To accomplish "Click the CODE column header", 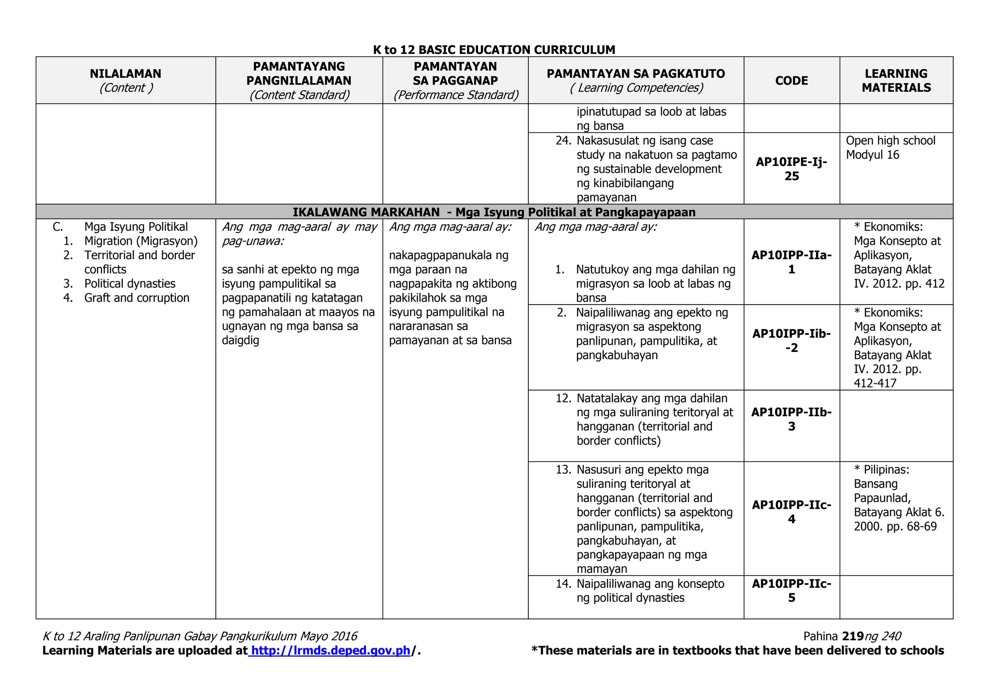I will (x=791, y=81).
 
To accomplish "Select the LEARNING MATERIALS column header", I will (x=896, y=81).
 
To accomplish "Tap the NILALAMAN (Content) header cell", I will (x=126, y=81).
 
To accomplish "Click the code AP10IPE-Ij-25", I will (x=791, y=169).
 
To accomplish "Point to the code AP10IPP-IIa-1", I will (x=791, y=262).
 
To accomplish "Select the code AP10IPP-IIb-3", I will (x=791, y=419).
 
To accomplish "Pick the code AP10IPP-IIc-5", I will (x=791, y=590).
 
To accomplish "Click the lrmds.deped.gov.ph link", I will (x=331, y=650).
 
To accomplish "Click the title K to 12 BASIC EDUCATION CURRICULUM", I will (x=494, y=50).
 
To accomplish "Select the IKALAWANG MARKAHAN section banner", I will (x=494, y=212).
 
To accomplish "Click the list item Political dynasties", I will (x=130, y=283).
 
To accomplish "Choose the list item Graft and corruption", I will (x=137, y=298).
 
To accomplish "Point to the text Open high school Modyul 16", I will (x=890, y=148).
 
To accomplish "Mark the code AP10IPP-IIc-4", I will (x=791, y=512).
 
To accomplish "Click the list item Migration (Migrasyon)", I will (x=141, y=241).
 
